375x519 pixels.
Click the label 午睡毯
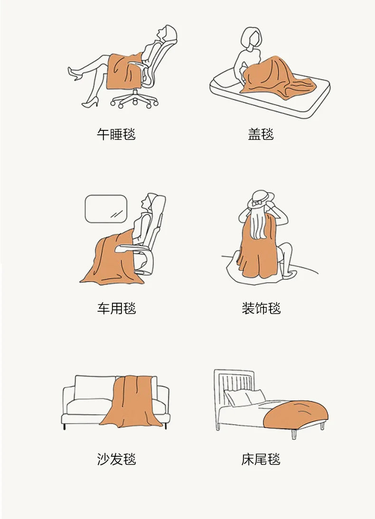(x=116, y=134)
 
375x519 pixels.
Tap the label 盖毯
(x=261, y=134)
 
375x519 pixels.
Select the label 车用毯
(x=116, y=308)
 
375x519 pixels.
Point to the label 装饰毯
(x=261, y=308)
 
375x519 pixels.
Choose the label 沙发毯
(x=116, y=459)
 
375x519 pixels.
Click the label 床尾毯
(x=261, y=459)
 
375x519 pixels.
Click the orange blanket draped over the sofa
(x=131, y=403)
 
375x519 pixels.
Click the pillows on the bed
(x=244, y=398)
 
